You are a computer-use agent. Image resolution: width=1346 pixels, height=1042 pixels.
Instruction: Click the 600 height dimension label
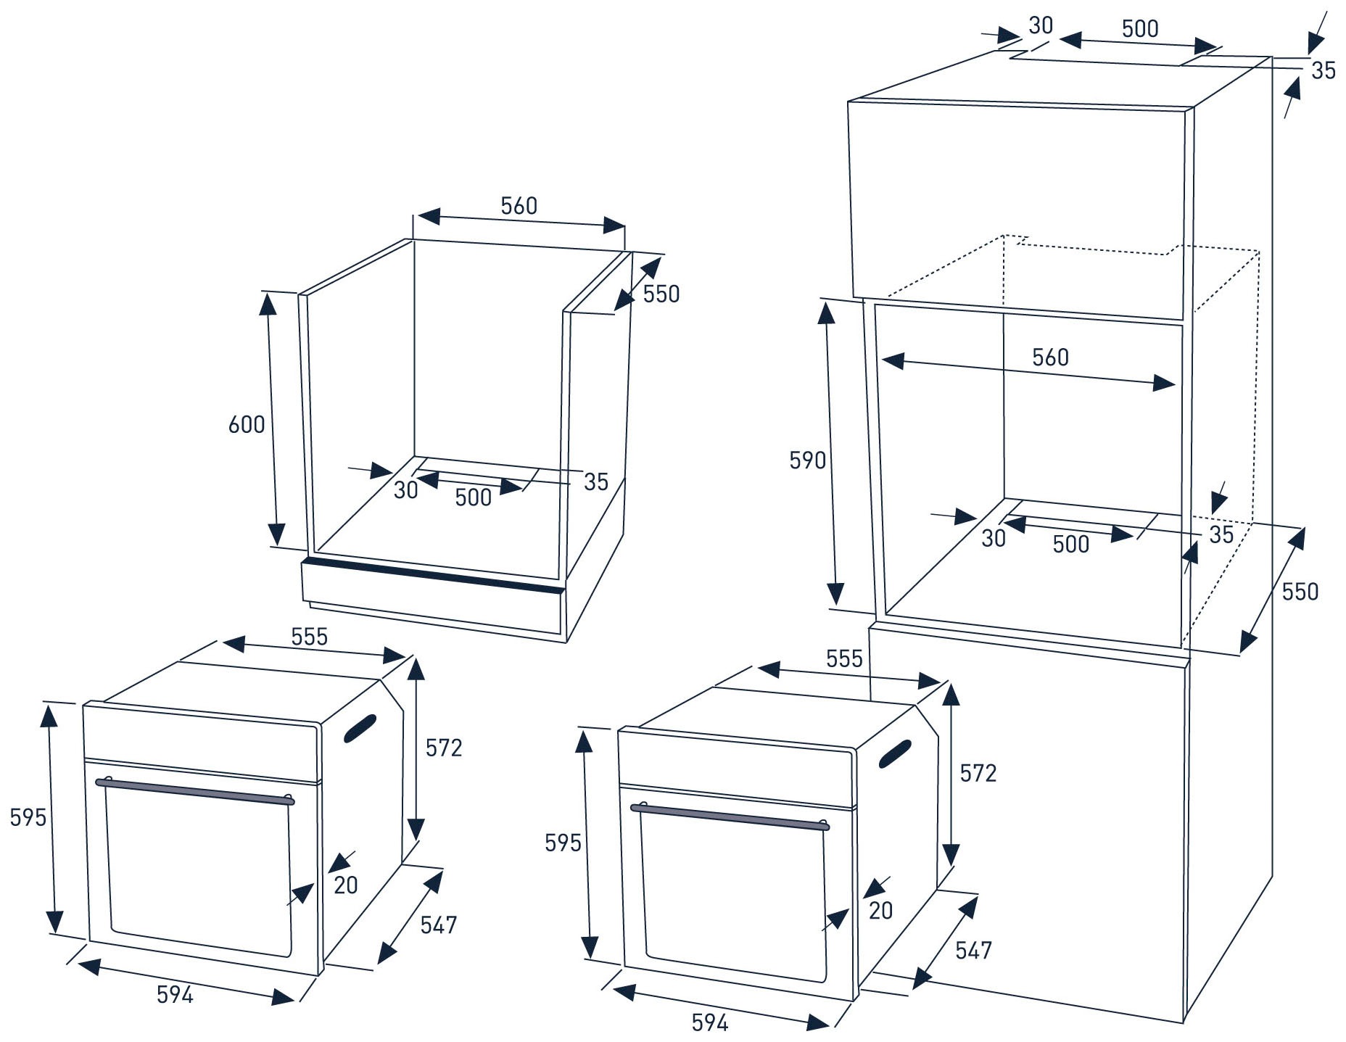coord(247,424)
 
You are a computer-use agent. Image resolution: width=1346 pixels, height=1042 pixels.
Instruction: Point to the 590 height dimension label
coord(807,460)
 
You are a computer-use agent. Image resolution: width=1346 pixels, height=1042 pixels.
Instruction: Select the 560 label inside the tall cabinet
coord(1050,357)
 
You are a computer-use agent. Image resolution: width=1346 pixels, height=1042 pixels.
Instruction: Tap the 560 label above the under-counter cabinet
coord(519,206)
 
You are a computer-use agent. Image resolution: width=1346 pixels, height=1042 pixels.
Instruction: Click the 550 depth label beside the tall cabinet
coord(1300,592)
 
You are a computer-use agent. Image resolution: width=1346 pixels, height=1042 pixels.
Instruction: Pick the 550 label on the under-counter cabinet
coord(661,294)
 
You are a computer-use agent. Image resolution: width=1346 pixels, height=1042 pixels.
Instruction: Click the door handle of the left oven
coord(195,791)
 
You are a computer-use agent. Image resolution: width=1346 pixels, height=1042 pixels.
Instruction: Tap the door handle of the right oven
coord(730,816)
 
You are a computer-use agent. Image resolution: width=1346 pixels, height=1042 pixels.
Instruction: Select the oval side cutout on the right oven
coord(895,753)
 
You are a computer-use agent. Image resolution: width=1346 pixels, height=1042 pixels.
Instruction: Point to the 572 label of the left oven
coord(444,748)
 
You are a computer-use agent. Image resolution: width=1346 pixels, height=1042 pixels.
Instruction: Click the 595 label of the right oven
coord(563,843)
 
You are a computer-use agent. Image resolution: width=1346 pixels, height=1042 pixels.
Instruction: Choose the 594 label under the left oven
coord(176,995)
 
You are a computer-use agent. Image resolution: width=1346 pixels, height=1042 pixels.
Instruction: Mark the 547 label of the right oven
coord(973,950)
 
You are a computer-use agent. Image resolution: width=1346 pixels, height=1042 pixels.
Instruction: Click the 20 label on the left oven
coord(346,885)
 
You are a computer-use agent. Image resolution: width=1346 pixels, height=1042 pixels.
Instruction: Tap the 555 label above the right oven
coord(844,658)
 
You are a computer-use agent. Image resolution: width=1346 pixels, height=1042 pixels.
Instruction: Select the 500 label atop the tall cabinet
coord(1140,28)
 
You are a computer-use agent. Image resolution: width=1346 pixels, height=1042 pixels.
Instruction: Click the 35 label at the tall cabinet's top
coord(1323,70)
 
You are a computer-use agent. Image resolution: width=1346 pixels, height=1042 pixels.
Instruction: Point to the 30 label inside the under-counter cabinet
coord(406,490)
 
